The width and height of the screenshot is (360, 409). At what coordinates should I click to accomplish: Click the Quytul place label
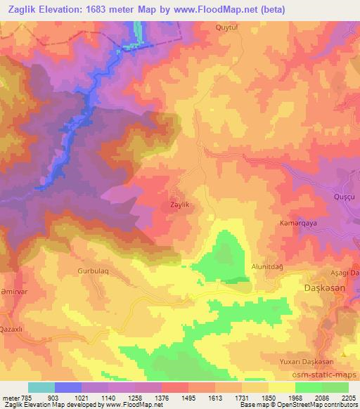pos(228,27)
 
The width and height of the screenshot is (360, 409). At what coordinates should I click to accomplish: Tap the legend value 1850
pos(269,396)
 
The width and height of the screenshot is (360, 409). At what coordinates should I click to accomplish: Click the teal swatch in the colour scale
pos(41,387)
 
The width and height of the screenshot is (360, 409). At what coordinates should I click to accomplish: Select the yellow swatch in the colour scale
pos(282,387)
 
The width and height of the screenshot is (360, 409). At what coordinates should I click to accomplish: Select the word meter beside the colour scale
pos(10,396)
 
